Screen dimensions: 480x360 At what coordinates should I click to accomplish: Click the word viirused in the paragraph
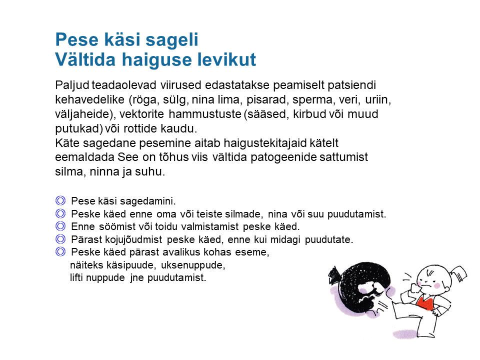(181, 85)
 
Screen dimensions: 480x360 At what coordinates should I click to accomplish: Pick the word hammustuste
(205, 114)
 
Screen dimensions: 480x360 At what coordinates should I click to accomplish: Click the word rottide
(140, 128)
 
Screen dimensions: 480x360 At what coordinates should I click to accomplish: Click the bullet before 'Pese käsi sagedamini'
(60, 201)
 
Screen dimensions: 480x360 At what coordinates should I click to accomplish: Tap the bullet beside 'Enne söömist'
(60, 226)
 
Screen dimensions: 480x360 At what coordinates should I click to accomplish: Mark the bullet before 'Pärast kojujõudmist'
(60, 239)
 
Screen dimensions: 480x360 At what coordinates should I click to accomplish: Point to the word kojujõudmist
(134, 239)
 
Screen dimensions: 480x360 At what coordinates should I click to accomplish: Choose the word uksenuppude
(193, 265)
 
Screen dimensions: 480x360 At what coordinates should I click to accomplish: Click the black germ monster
(358, 289)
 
